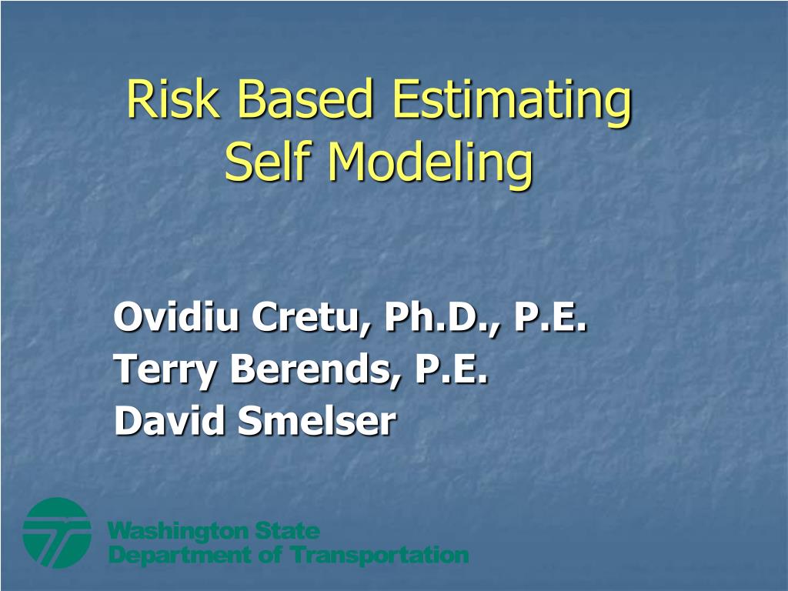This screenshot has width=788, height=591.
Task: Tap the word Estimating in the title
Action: pyautogui.click(x=511, y=102)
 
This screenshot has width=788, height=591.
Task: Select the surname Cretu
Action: pyautogui.click(x=309, y=318)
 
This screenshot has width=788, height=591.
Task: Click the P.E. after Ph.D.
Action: pyautogui.click(x=550, y=317)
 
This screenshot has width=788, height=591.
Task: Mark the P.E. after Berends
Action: pyautogui.click(x=451, y=369)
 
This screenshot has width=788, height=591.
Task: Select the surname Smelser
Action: pyautogui.click(x=316, y=421)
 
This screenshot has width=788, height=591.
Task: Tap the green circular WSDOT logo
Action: pyautogui.click(x=57, y=533)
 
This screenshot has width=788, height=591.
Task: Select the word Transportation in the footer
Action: pyautogui.click(x=379, y=556)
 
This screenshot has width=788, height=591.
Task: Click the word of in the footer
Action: pyautogui.click(x=270, y=555)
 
